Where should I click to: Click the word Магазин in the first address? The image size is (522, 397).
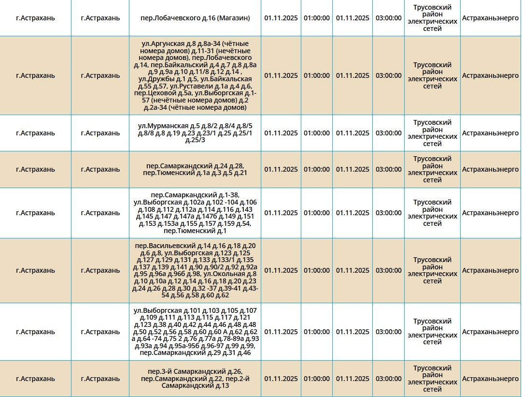pos(233,18)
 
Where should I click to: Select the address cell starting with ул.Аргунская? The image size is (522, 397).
pos(195,75)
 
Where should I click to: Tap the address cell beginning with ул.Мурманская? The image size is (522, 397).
pos(195,133)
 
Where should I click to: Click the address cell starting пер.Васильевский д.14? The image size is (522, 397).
pos(195,270)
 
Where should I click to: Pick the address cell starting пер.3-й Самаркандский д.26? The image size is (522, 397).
pos(195,379)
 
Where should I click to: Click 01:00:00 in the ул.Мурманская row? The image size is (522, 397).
pos(317,133)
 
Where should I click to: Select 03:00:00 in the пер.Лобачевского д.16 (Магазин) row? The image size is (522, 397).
pos(388,18)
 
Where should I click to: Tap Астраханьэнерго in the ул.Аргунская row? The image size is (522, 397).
pos(490,75)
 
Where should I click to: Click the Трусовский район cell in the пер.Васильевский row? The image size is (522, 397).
pos(432,270)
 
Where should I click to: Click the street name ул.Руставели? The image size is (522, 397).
pos(184,86)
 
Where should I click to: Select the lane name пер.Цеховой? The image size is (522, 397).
pos(154,93)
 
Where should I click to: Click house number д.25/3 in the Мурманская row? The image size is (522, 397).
pos(195,140)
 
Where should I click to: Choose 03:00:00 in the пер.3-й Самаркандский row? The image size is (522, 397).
pos(388,379)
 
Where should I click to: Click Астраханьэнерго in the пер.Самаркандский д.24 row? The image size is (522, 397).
pos(490,169)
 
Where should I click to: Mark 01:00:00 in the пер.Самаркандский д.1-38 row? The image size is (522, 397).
pos(317,213)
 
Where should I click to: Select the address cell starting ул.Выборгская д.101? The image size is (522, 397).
pos(195,332)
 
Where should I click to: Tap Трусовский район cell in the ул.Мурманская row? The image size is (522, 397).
pos(432,133)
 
